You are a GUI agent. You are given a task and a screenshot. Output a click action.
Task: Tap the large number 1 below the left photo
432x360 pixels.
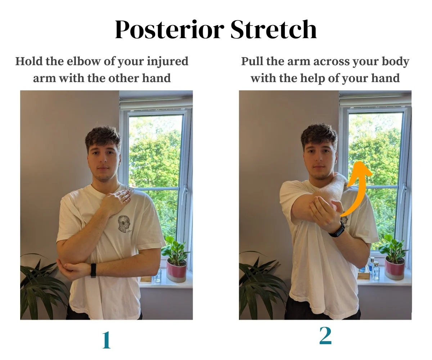tap(107, 340)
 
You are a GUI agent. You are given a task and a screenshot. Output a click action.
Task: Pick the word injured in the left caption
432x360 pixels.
tap(167, 62)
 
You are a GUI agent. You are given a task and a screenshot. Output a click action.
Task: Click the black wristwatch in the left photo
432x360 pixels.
tap(93, 270)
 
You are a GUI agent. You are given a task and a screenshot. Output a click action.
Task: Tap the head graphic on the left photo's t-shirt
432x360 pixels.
tap(124, 224)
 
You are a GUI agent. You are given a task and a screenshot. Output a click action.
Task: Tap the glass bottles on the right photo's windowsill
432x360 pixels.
tap(374, 268)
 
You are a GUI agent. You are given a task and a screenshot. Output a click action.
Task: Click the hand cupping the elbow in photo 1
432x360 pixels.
tap(72, 269)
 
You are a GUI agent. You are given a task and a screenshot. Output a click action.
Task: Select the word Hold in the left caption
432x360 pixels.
tap(28, 61)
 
